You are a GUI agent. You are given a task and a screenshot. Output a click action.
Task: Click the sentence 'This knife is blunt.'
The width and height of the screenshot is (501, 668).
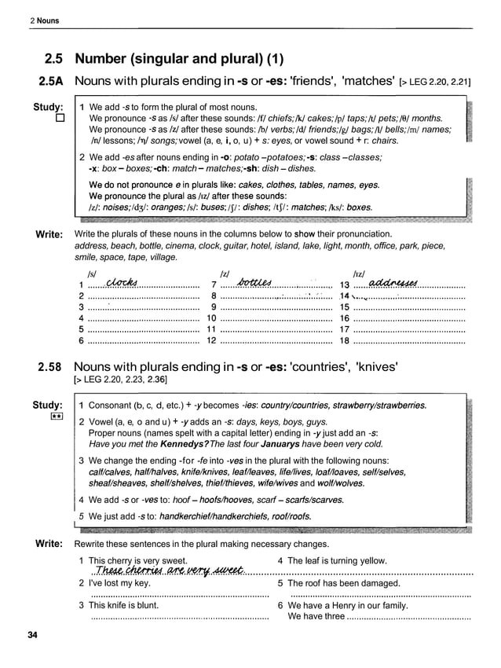click(123, 605)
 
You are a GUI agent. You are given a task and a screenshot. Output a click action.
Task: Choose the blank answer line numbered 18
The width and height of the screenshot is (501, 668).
click(409, 340)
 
